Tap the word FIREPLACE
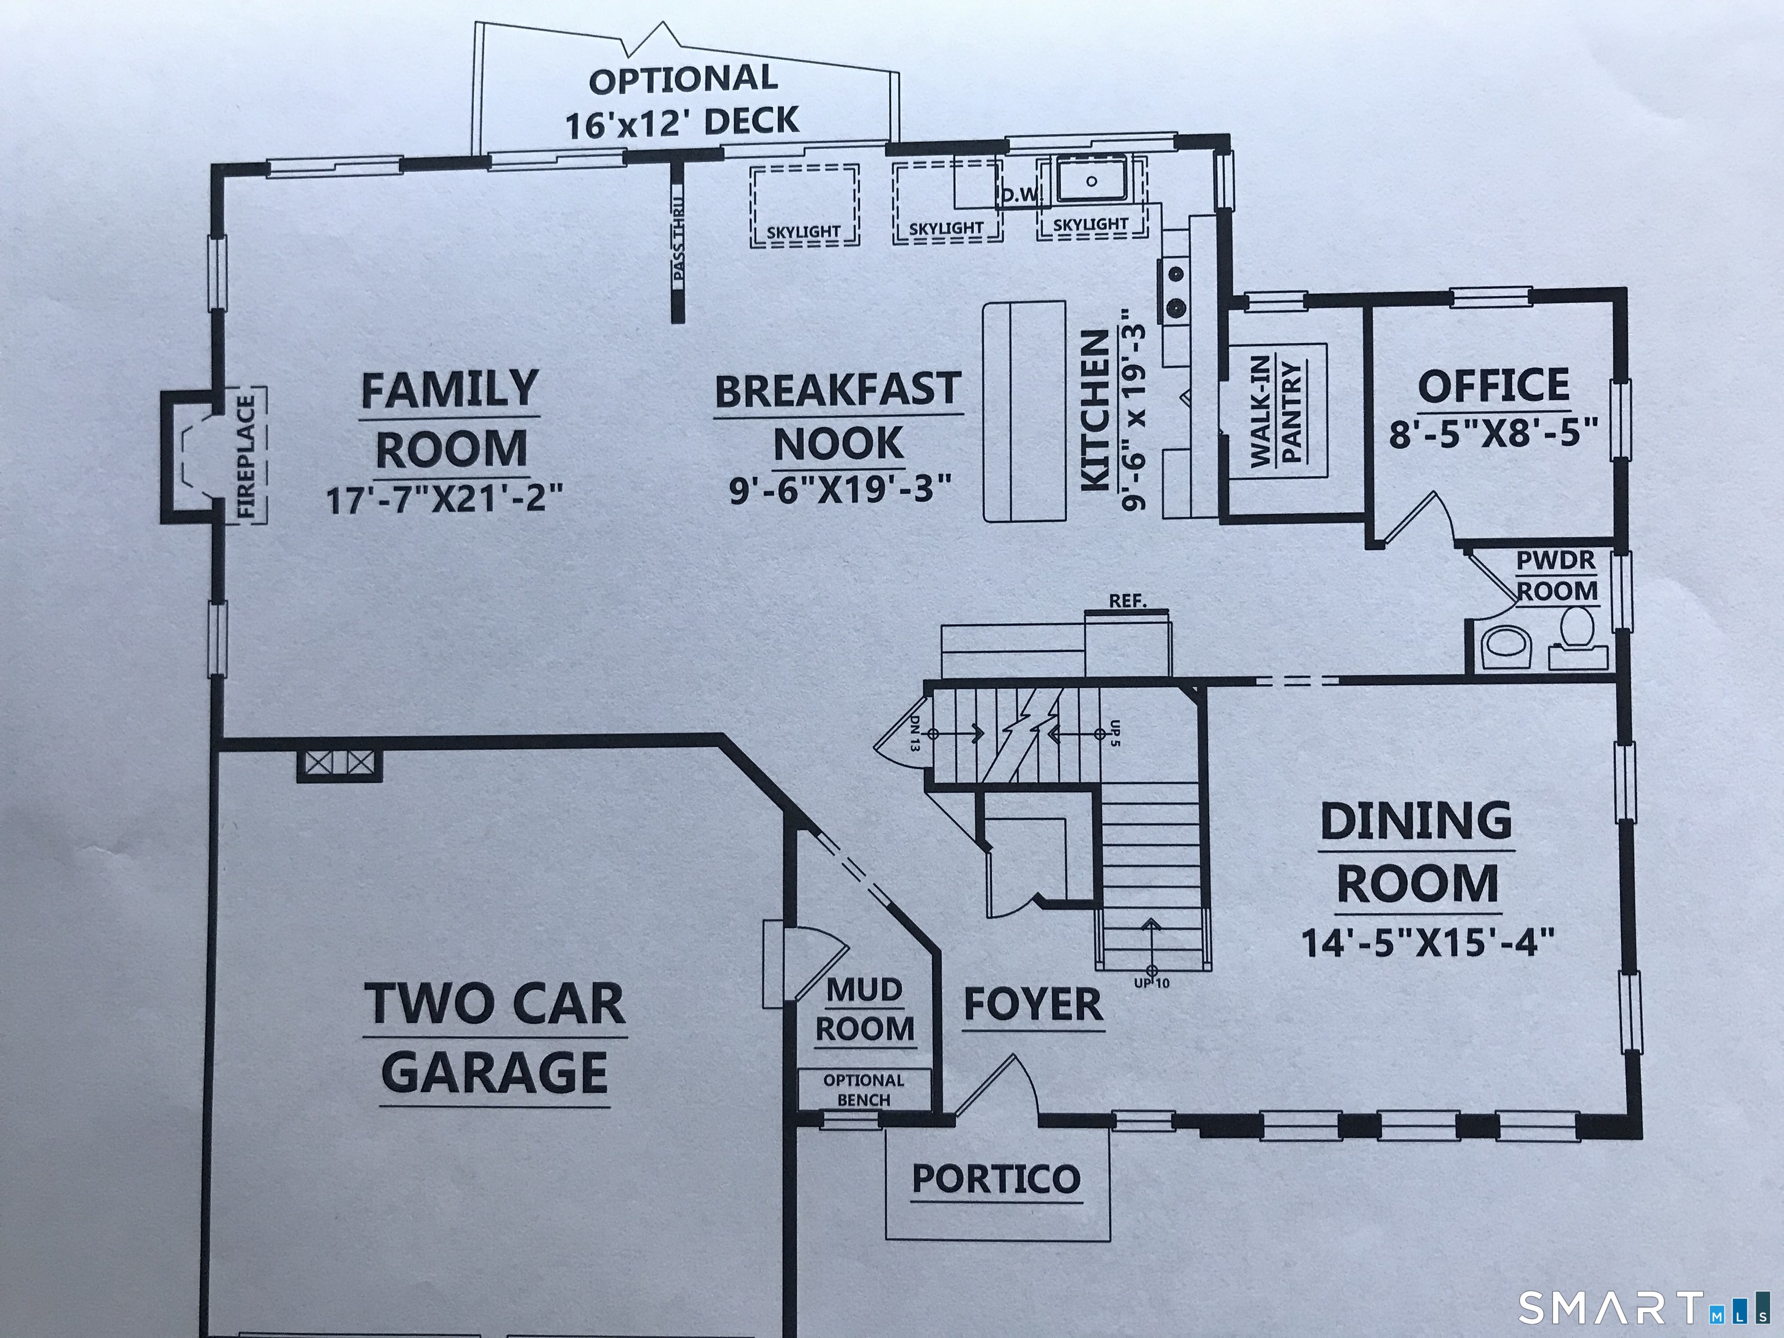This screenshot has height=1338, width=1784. point(246,456)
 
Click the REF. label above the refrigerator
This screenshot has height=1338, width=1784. point(1128,601)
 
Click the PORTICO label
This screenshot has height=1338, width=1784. point(996,1179)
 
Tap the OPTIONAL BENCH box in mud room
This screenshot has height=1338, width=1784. point(864,1089)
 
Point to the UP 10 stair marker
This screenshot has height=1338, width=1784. point(1151,983)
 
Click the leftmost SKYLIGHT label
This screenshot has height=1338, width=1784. point(803,232)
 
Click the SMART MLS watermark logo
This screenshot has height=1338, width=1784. point(1645,1308)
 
